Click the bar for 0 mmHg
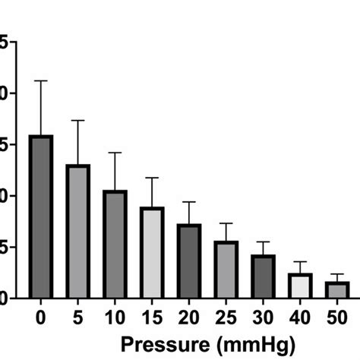(41, 216)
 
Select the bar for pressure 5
(77, 231)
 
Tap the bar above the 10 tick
(115, 244)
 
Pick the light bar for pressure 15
(152, 252)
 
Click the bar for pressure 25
(226, 269)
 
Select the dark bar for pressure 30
(263, 276)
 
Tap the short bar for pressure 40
(300, 286)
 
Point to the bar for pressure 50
(337, 289)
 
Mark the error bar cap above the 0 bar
(41, 81)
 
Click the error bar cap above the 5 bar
(77, 120)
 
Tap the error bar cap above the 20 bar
(189, 202)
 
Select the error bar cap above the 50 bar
(337, 274)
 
